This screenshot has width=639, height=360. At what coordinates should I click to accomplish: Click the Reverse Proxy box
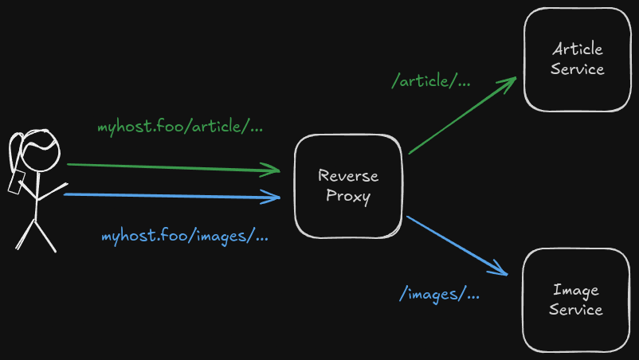click(348, 186)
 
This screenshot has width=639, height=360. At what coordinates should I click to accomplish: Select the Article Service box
click(577, 60)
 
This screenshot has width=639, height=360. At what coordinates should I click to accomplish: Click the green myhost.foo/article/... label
click(180, 127)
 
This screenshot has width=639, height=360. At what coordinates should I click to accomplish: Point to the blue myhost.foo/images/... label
click(184, 237)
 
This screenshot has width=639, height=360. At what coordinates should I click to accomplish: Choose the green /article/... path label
click(431, 81)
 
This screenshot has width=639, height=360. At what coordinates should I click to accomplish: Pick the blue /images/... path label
click(439, 294)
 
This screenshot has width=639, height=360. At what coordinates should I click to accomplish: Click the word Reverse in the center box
click(348, 176)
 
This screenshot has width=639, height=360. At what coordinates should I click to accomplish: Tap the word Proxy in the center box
click(348, 197)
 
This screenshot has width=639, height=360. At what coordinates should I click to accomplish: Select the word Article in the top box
click(577, 49)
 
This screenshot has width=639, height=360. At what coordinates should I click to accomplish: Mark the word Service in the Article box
click(577, 69)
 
